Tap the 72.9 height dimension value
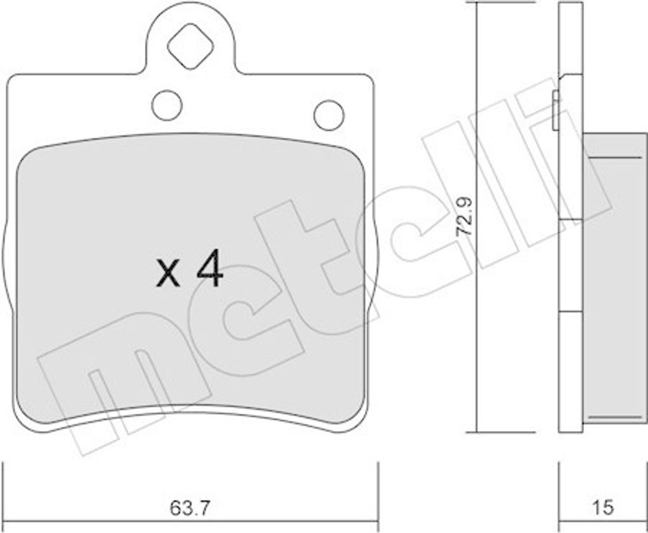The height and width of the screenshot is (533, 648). (464, 222)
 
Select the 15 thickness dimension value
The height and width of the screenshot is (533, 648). (603, 508)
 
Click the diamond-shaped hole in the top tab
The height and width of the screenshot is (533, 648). (190, 46)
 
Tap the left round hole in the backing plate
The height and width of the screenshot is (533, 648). (167, 106)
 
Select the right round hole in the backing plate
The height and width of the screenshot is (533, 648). (329, 115)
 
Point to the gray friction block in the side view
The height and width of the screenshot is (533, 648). (614, 278)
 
